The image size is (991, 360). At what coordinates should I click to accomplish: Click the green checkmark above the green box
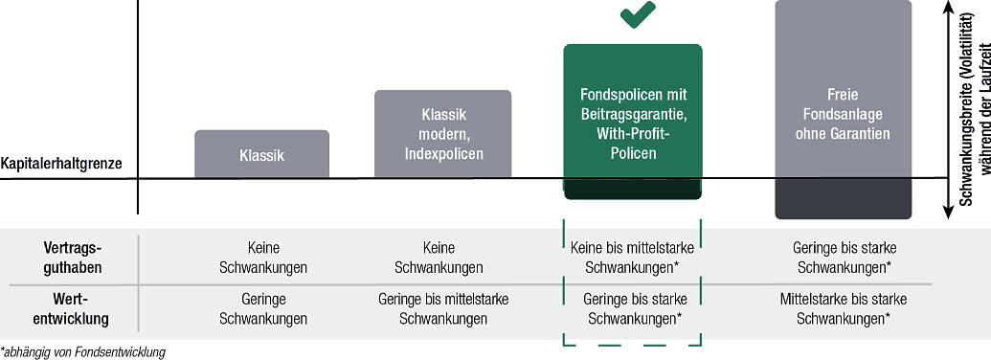pos(638,14)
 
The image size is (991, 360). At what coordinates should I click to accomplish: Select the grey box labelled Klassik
pos(261,153)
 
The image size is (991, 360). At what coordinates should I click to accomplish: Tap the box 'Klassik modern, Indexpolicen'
pos(442,133)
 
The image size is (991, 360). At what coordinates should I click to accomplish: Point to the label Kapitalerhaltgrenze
pos(61,164)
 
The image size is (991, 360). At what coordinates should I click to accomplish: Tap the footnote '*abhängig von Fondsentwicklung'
pos(83,351)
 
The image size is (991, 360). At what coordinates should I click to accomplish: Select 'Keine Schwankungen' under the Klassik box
pos(263,258)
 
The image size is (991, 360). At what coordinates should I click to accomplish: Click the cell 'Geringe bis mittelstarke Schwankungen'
pos(443,309)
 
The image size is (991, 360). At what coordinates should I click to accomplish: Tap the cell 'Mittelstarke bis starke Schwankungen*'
pos(844,309)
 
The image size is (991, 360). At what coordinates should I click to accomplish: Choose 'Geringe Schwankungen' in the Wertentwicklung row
pos(263,309)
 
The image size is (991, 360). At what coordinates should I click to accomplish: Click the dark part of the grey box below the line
pos(844,199)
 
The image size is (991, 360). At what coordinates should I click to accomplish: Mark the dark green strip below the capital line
pos(633,190)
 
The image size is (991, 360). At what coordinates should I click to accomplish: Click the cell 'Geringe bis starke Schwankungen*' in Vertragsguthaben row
pos(844,258)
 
